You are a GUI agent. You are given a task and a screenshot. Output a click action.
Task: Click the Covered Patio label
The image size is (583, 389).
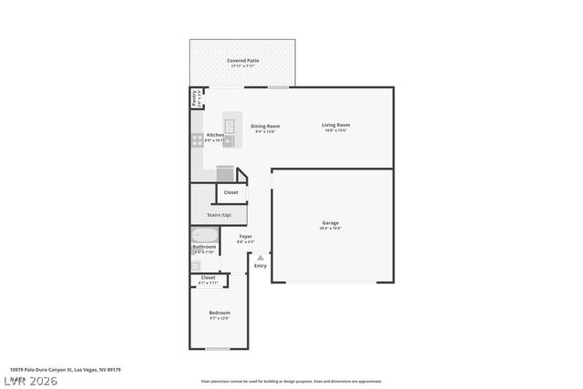[x=242, y=61]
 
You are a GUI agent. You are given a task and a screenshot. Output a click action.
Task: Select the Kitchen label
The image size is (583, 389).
[x=215, y=135]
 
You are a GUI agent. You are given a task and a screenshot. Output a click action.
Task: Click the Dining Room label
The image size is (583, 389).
[x=265, y=127]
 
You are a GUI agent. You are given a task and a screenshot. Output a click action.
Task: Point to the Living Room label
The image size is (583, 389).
[x=336, y=126]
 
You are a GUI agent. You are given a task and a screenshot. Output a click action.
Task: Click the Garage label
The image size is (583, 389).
[x=330, y=222]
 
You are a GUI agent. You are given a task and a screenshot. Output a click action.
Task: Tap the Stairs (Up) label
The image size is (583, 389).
[x=220, y=215]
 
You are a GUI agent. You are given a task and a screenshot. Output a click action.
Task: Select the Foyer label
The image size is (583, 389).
[x=246, y=236]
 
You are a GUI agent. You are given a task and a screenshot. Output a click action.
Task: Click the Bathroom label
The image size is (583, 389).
[x=204, y=247]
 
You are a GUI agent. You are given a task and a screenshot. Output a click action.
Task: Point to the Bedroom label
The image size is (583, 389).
[x=220, y=313]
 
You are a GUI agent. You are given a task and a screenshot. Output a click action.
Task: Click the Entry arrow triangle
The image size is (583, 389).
[x=261, y=258]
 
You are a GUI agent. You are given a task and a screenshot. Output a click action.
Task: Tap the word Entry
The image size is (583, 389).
[x=261, y=266]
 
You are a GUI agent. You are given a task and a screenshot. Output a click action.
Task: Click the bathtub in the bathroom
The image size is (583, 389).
[x=204, y=234]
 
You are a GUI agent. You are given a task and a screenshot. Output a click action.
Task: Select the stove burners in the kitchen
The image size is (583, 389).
[x=197, y=139]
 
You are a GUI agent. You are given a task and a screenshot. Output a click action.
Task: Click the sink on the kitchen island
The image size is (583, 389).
[x=230, y=127]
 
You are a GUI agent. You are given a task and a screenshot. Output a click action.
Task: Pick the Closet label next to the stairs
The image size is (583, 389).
[x=231, y=192]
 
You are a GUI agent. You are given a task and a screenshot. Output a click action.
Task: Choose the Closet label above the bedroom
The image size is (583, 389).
[x=208, y=278]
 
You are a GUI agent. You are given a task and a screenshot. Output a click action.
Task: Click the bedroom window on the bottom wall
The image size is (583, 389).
[x=218, y=348]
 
